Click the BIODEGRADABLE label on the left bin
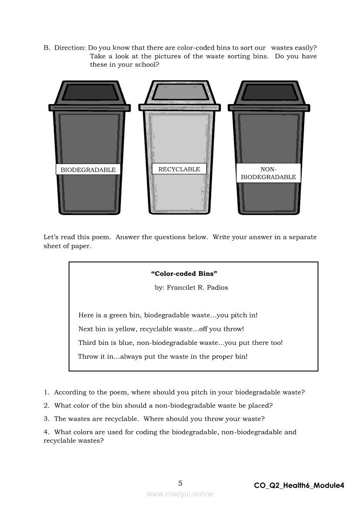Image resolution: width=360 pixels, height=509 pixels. [88, 170]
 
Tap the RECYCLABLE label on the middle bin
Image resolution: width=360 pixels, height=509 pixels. [179, 169]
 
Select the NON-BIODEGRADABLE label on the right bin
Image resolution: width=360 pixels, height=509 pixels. [268, 173]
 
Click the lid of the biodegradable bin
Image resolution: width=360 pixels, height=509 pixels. [90, 93]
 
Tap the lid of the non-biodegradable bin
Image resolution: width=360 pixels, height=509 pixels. [269, 93]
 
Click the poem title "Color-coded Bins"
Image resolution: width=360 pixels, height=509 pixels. [184, 273]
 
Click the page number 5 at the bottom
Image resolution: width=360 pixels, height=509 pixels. [180, 483]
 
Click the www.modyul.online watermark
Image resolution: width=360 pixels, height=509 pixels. [180, 494]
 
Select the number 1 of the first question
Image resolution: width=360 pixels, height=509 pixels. [46, 392]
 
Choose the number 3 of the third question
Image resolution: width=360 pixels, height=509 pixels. [46, 419]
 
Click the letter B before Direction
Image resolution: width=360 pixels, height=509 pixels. [46, 48]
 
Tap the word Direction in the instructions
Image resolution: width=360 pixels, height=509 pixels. [70, 48]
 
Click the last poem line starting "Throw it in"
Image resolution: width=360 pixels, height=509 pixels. [163, 357]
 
